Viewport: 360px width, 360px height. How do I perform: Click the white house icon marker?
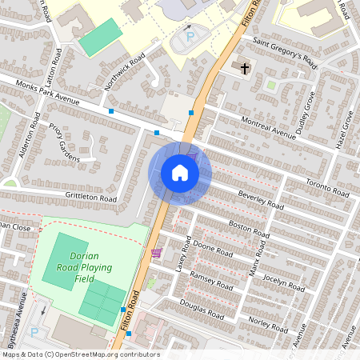pos(180,173)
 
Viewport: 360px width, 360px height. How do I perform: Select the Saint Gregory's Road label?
pos(284,53)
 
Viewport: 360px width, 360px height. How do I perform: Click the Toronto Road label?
pos(328,188)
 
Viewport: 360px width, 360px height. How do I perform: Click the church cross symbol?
pos(245,68)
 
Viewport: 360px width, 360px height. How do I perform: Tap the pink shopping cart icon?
pos(156,254)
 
